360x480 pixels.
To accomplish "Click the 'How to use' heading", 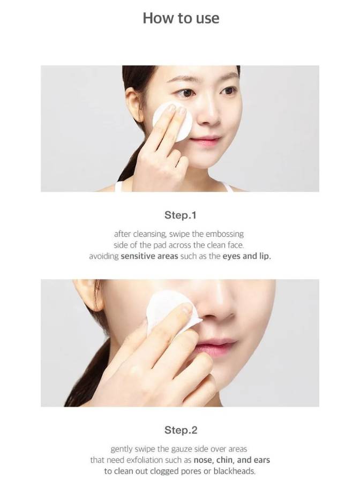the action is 181,18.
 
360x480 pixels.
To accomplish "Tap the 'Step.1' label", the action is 181,215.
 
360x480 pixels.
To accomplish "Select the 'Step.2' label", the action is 181,430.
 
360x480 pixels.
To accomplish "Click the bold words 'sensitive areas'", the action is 149,256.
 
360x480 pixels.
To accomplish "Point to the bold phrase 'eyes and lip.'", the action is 247,256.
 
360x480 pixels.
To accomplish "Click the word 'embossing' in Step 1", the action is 224,234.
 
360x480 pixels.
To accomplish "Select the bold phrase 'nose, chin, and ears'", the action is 232,460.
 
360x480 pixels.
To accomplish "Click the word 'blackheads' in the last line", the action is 234,471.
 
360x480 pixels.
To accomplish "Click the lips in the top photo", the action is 205,141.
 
